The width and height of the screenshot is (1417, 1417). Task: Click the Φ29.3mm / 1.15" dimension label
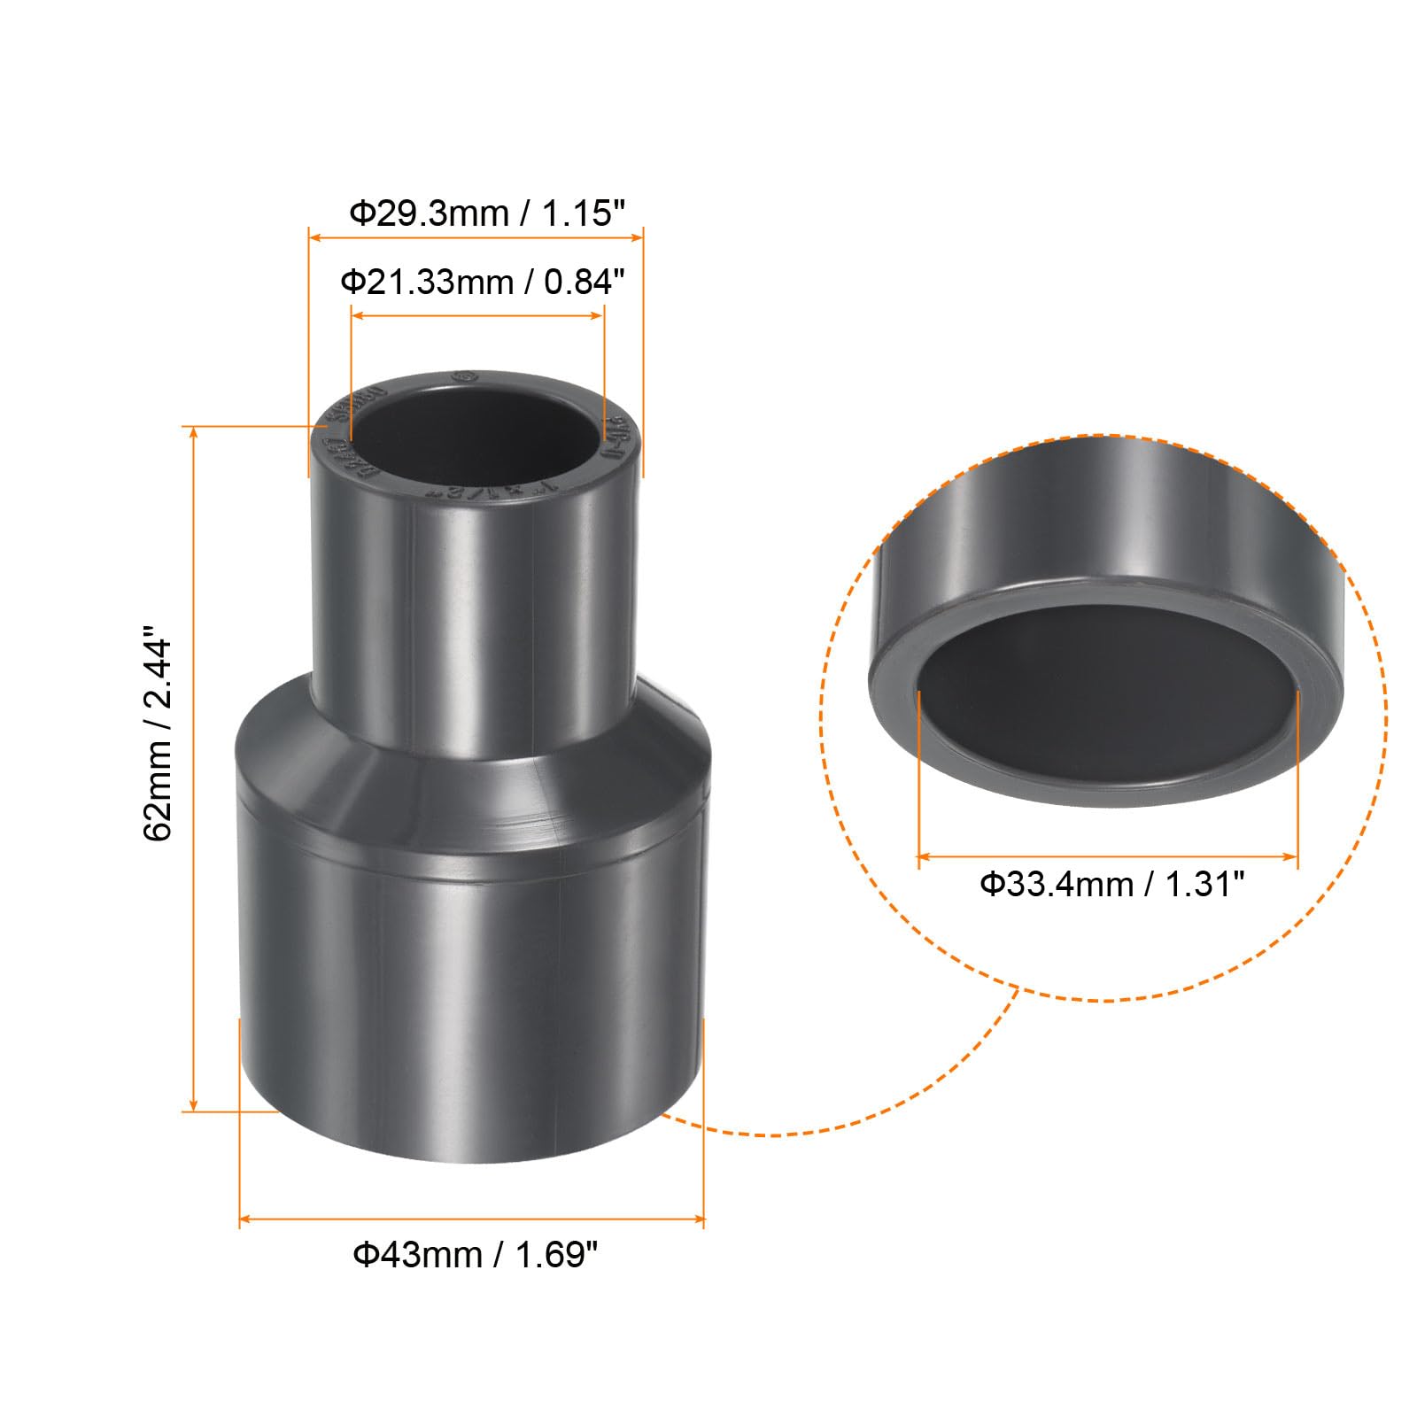tap(486, 213)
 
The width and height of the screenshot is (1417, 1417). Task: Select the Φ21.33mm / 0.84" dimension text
tap(483, 283)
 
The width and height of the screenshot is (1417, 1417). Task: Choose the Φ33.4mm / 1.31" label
tap(1111, 884)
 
